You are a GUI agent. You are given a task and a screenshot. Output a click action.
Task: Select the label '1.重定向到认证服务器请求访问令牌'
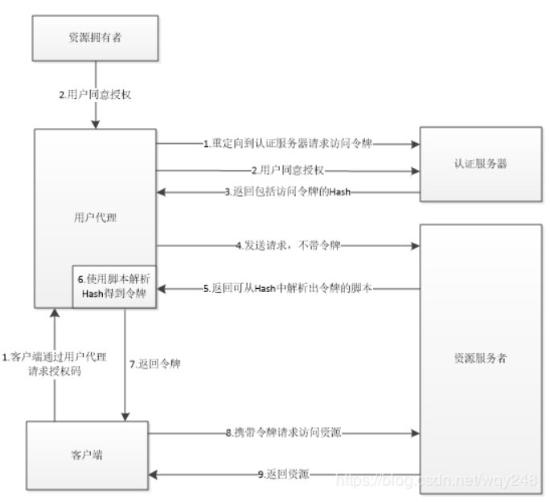[287, 144]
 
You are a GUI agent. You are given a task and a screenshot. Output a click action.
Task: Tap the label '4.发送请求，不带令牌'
[287, 244]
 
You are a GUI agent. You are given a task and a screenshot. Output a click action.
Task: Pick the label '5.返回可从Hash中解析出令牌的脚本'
[287, 287]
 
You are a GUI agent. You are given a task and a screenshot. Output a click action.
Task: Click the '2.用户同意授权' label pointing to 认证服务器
[287, 170]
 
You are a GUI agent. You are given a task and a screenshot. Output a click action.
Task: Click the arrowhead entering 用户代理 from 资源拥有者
[96, 123]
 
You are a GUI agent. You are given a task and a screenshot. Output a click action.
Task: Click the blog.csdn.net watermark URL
[435, 480]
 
